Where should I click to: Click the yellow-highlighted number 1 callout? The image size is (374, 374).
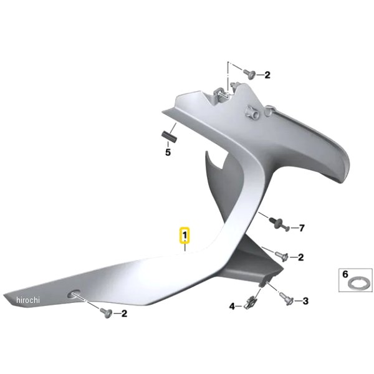[185, 236]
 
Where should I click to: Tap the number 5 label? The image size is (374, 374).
[168, 152]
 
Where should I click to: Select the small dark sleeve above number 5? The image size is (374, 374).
[169, 137]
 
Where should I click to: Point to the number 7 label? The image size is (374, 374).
[302, 228]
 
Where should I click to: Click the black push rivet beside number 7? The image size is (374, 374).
[279, 224]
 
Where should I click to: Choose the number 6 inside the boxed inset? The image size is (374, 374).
[345, 274]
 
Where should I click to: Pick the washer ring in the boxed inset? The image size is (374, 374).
[357, 284]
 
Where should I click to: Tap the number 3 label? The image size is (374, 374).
[305, 301]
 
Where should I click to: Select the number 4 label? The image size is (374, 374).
[232, 306]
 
